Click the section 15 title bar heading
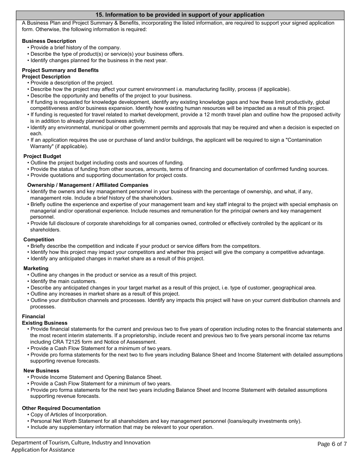180,15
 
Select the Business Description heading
49,41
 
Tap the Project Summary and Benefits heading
60,70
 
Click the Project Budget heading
42,156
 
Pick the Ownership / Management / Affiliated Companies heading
88,185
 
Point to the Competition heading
39,239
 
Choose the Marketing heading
36,268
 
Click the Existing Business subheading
45,323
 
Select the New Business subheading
41,371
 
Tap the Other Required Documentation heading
61,408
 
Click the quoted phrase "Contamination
304,140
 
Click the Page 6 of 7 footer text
332,444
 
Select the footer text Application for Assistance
43,450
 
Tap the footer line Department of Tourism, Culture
81,443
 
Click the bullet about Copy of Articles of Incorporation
69,414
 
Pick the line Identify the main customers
64,281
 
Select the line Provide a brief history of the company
75,47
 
